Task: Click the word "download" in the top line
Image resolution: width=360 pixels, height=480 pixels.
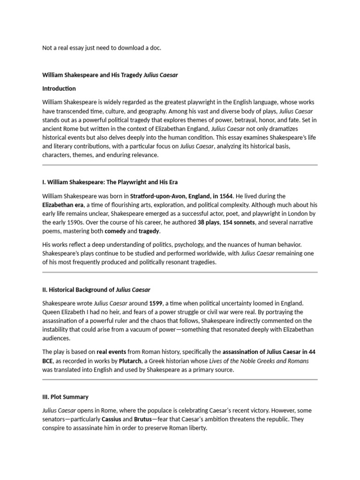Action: [128, 48]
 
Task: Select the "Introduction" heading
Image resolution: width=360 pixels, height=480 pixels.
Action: [59, 88]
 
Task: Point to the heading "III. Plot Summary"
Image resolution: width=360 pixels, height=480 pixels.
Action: [65, 397]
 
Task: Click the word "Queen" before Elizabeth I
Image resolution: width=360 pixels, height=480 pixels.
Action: [51, 312]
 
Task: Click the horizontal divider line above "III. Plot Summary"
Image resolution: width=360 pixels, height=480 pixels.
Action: [180, 379]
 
